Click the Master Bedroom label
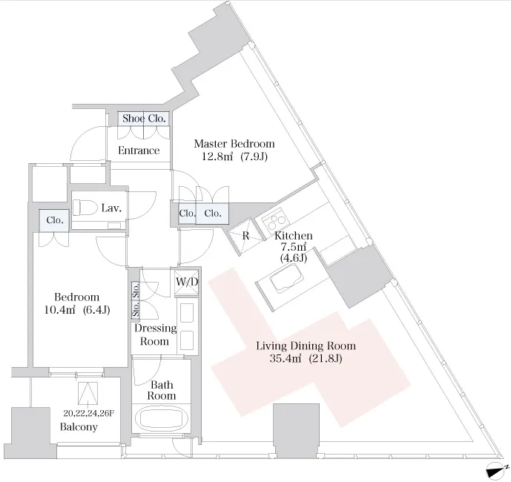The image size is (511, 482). pos(234,143)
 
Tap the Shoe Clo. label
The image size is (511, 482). pos(145,118)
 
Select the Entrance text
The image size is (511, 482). pos(139,151)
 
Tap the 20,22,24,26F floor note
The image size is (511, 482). pos(89,413)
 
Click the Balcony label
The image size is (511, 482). pos(79,428)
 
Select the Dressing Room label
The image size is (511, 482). pos(155,334)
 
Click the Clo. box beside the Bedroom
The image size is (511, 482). pos(54,220)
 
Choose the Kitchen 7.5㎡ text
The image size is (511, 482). pos(293,248)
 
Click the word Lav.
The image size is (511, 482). pos(113,209)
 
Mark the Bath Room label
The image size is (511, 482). pos(161,390)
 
